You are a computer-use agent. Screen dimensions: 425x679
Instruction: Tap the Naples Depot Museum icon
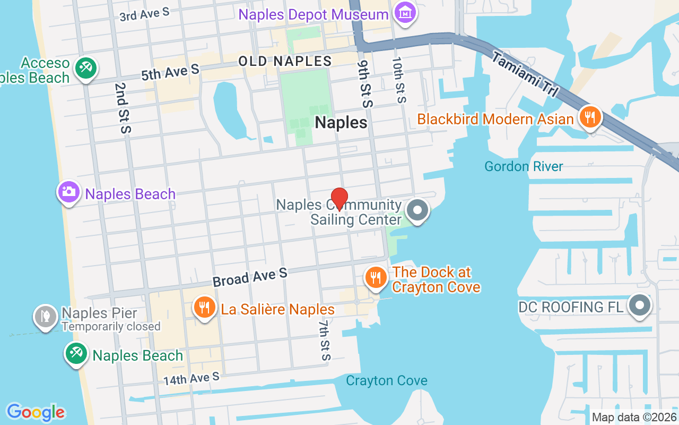[406, 11]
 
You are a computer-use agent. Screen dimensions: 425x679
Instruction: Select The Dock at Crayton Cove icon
[376, 277]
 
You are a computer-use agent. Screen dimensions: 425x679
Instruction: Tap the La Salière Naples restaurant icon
[204, 308]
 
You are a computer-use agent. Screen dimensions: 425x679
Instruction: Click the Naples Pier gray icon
[46, 316]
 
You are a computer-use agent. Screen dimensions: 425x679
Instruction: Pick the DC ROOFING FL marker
[640, 305]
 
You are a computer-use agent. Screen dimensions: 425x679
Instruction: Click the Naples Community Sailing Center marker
[417, 210]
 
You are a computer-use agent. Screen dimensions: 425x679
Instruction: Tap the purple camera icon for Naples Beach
[69, 192]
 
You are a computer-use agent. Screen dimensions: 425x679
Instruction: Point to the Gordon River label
[524, 167]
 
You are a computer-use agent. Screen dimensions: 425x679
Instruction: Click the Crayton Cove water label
[387, 381]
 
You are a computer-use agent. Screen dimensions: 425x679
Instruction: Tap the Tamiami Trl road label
[525, 75]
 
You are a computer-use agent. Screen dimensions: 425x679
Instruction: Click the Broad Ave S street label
[250, 277]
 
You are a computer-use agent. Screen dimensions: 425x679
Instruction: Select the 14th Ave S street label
[191, 379]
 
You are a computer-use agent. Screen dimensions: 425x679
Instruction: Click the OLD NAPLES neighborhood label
[285, 61]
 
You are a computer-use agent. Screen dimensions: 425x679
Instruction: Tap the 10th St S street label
[399, 80]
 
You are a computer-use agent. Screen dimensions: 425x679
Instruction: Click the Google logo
[36, 412]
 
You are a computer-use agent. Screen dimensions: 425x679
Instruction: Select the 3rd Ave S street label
[144, 14]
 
